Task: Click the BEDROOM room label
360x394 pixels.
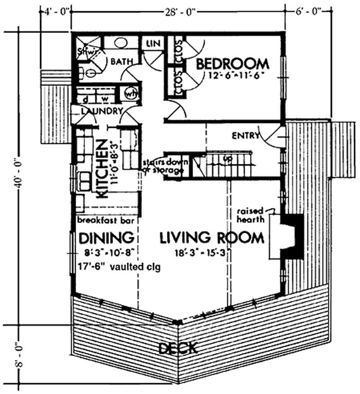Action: click(232, 63)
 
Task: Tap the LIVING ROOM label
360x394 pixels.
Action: click(211, 237)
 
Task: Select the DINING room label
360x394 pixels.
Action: click(106, 237)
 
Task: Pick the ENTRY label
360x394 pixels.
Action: click(245, 135)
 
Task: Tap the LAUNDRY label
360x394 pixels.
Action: click(102, 111)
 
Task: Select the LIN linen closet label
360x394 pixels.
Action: click(152, 44)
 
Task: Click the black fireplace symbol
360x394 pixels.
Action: click(290, 234)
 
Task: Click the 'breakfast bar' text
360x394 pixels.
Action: click(108, 221)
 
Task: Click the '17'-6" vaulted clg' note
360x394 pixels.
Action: click(119, 266)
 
